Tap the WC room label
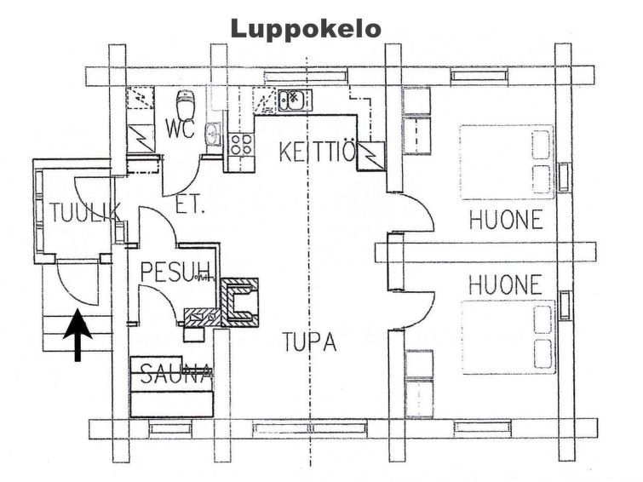click(181, 130)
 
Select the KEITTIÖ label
click(316, 152)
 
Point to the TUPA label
click(309, 342)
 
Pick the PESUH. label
click(175, 272)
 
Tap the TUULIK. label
click(80, 212)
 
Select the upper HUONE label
click(505, 220)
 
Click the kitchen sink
click(291, 100)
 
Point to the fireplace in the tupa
click(240, 301)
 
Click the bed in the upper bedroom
click(507, 163)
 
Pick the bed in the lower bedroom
click(507, 337)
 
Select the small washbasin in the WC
click(215, 135)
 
